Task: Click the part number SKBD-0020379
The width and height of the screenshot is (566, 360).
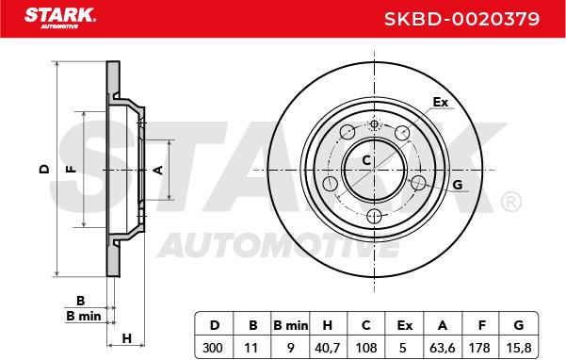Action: [x=461, y=19]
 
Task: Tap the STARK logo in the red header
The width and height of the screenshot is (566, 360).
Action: [x=60, y=18]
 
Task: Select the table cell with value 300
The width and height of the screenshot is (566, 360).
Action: [x=213, y=348]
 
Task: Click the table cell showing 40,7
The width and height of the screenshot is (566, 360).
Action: [x=328, y=348]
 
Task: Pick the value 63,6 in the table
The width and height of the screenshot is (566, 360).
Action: [x=443, y=348]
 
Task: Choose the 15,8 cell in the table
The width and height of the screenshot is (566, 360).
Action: [x=519, y=348]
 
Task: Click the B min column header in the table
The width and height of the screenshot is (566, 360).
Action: [x=291, y=325]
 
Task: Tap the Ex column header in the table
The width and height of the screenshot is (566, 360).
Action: [x=404, y=325]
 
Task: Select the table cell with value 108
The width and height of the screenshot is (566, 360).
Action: [x=366, y=348]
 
